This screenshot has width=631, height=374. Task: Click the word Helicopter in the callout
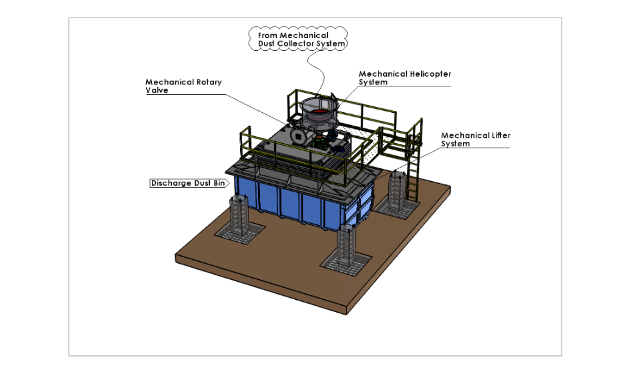431,74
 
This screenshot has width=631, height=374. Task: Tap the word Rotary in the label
204,82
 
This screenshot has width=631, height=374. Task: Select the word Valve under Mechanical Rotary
156,90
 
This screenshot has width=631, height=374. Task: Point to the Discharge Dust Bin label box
187,183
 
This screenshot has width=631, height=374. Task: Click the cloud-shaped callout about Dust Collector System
297,39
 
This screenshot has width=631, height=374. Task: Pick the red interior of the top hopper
318,113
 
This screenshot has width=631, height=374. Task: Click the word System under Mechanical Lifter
455,144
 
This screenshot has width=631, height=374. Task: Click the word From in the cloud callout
269,35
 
